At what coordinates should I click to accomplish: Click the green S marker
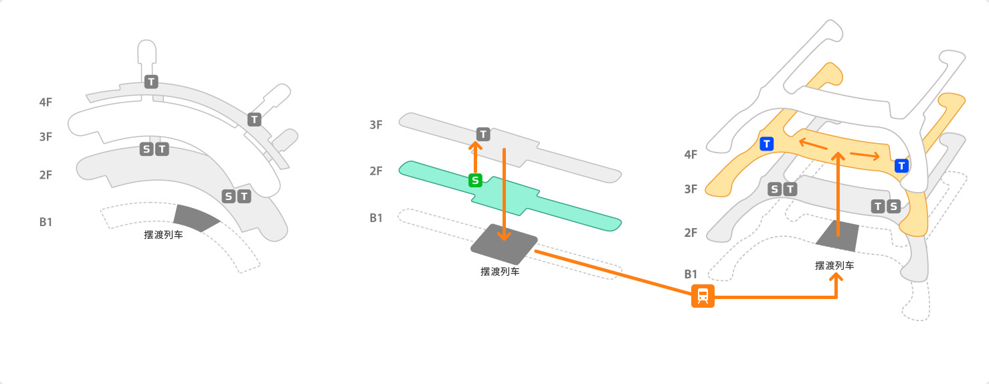475,180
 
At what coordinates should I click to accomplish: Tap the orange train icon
703,296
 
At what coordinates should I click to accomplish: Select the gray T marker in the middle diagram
483,134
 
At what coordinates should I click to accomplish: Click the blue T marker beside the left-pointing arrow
766,143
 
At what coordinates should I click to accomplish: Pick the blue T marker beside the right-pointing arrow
901,165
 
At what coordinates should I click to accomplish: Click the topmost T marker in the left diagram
151,82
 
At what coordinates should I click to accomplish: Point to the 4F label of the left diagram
46,102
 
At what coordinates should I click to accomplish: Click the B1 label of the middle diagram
376,218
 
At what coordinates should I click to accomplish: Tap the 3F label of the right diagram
691,189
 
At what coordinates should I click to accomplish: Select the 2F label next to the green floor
376,171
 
